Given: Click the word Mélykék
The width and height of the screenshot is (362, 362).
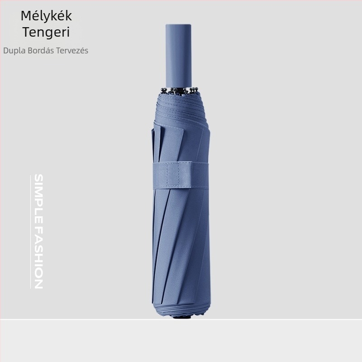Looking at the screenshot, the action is pyautogui.click(x=46, y=16).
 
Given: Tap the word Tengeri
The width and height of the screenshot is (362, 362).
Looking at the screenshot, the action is pyautogui.click(x=46, y=32).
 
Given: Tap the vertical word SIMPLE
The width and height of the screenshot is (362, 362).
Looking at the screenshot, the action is pyautogui.click(x=38, y=198).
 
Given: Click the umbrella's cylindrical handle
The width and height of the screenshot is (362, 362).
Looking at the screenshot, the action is pyautogui.click(x=179, y=55).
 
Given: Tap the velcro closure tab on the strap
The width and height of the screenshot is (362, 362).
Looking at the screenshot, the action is pyautogui.click(x=179, y=175).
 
